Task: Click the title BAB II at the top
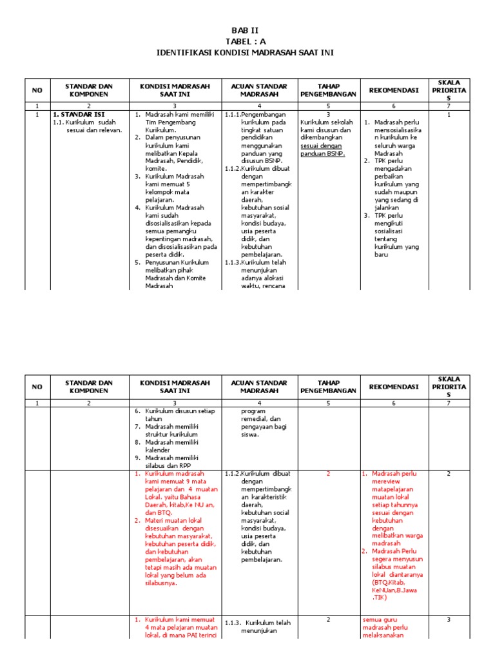coord(247,30)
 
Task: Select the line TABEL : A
coord(247,41)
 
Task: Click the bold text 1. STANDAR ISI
coord(78,114)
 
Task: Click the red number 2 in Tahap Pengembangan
coord(327,474)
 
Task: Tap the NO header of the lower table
coord(37,386)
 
